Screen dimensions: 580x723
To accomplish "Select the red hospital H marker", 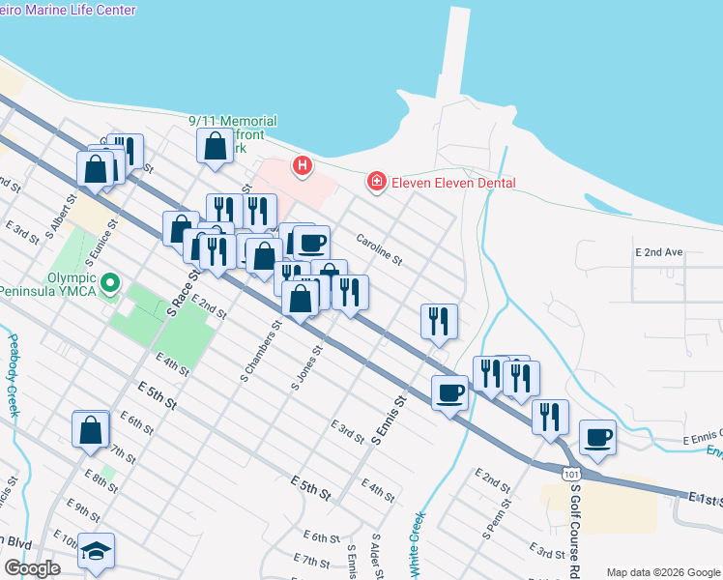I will pyautogui.click(x=303, y=166).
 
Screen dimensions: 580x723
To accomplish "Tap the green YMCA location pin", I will pyautogui.click(x=111, y=284).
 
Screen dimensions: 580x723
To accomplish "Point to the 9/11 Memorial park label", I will pyautogui.click(x=234, y=121).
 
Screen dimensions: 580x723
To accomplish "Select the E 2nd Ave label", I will pyautogui.click(x=659, y=252).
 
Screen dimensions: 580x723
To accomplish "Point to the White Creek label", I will pyautogui.click(x=418, y=544).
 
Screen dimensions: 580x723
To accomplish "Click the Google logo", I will pyautogui.click(x=33, y=568).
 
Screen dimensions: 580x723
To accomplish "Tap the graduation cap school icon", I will pyautogui.click(x=97, y=550).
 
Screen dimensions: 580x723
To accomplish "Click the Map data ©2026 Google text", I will pyautogui.click(x=662, y=572).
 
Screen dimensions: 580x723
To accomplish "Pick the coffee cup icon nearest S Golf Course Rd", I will pyautogui.click(x=597, y=437).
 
